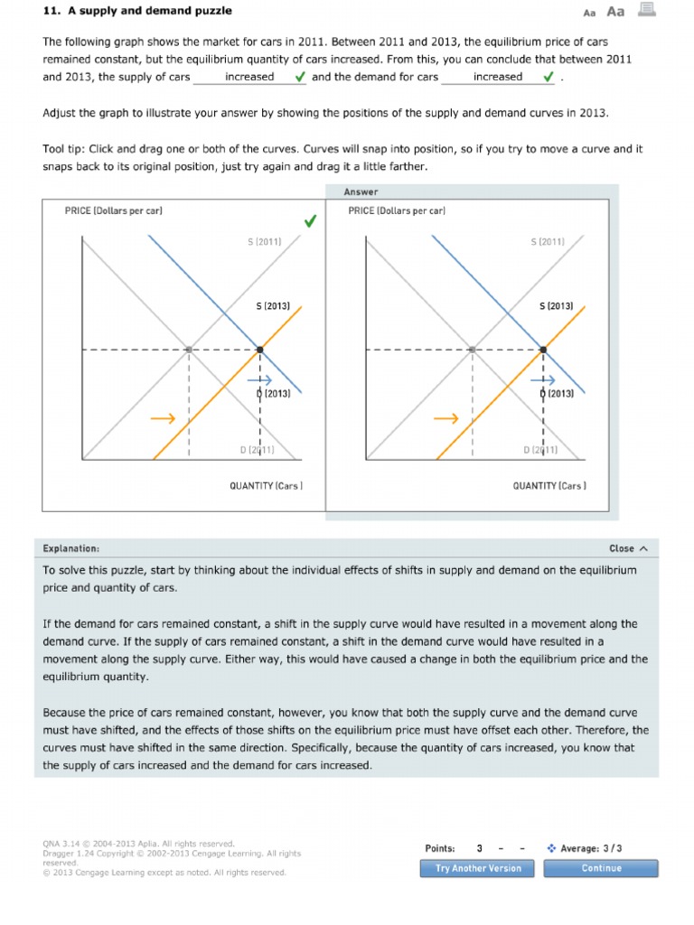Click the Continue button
[601, 868]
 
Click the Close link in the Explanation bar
[628, 548]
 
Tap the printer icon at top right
[646, 10]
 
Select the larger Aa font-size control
[615, 12]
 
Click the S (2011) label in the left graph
[264, 242]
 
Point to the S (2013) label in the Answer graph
[556, 306]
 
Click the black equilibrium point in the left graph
[260, 349]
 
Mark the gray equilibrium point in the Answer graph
[472, 349]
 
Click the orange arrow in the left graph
[163, 419]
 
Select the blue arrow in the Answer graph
[543, 380]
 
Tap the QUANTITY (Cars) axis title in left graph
[266, 486]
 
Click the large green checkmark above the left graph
[310, 221]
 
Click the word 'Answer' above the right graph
[361, 192]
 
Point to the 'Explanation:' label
[71, 548]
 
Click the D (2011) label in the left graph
[257, 449]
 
